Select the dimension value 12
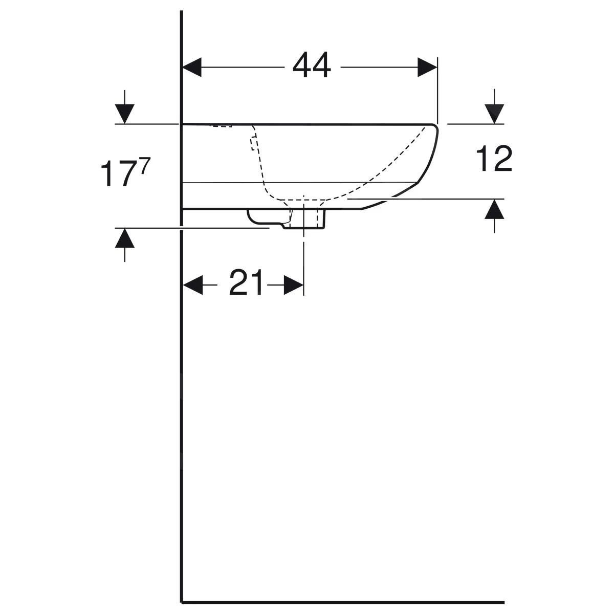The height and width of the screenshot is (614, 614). (x=494, y=159)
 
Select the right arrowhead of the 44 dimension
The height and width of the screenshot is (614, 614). (x=427, y=67)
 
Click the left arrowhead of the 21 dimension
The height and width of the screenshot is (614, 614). (x=193, y=284)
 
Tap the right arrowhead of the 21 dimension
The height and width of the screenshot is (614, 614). (x=293, y=284)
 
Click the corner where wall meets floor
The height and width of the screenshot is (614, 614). (x=182, y=602)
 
